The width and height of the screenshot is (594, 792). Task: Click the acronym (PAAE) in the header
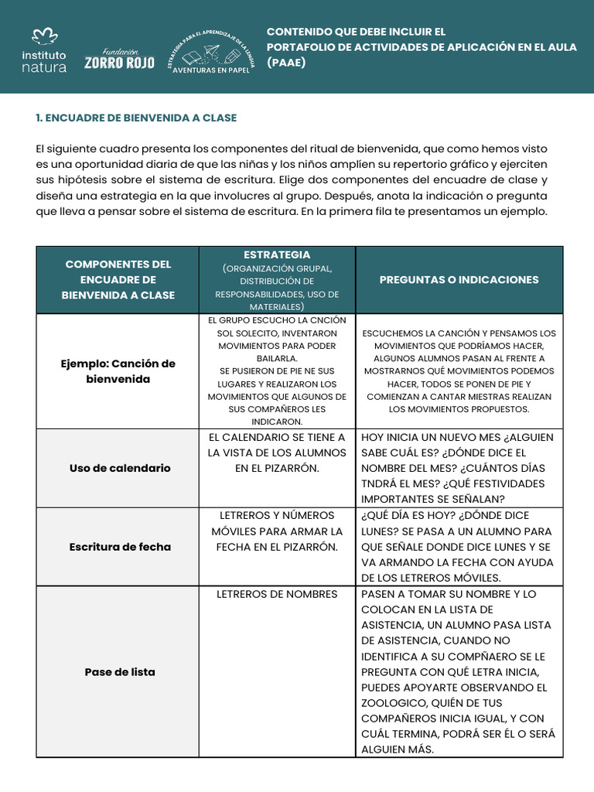click(286, 62)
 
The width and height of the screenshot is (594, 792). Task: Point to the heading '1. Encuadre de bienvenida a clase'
click(136, 118)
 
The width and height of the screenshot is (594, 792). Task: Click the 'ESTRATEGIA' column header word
click(277, 254)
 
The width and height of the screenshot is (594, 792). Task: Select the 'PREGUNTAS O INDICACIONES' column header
click(459, 279)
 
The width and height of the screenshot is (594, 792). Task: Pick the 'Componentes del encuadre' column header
click(118, 279)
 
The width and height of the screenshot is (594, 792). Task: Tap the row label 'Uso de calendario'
click(119, 468)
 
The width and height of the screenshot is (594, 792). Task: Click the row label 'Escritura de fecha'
click(119, 547)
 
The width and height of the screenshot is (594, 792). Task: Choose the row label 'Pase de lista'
click(119, 672)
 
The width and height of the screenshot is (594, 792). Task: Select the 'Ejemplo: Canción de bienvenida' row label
click(118, 371)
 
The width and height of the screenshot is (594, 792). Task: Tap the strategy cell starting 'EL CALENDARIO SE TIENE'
click(277, 452)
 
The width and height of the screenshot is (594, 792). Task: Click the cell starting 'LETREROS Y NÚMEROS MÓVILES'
click(277, 531)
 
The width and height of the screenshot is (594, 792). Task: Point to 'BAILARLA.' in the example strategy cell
click(277, 358)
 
